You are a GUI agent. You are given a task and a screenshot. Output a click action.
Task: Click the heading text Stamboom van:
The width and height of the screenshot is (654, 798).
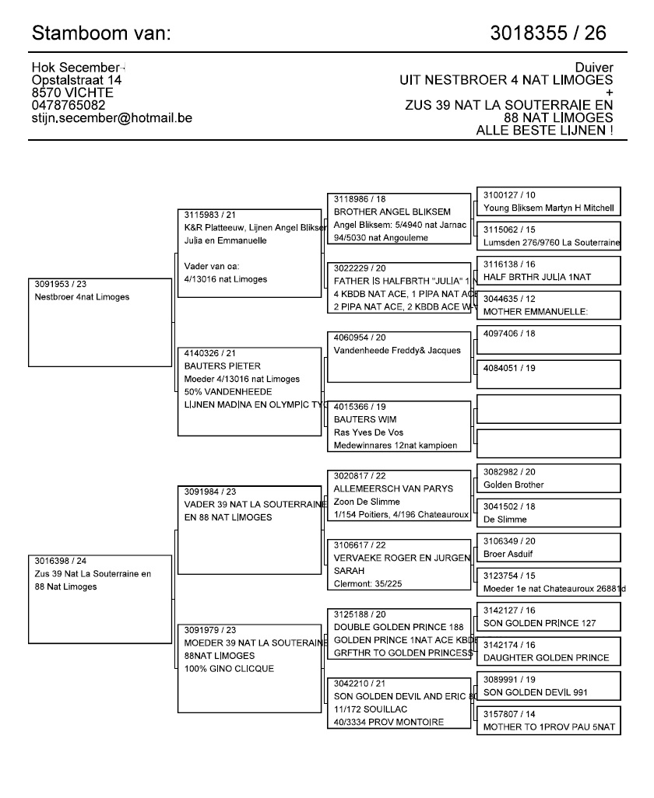101,33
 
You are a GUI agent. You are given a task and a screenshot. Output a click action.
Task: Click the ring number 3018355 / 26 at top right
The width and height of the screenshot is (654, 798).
548,33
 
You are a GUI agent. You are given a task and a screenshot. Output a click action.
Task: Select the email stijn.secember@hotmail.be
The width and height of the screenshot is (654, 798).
112,118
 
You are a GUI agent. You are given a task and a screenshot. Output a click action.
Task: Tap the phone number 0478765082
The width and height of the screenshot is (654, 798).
69,106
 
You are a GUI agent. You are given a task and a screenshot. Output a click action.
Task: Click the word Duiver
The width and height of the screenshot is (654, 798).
593,68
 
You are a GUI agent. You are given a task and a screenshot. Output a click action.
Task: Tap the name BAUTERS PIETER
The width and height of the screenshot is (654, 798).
223,366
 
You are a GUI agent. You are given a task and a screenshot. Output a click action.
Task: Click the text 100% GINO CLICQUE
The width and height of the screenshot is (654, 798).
229,669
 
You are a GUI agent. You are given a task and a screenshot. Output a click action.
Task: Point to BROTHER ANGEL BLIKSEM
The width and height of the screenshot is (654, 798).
392,212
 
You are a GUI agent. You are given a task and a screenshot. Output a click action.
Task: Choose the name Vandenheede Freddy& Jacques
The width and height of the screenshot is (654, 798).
397,350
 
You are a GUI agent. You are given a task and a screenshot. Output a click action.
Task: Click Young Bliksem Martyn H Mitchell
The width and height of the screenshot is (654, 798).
548,208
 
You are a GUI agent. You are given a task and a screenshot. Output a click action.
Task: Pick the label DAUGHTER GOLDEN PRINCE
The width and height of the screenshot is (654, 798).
546,658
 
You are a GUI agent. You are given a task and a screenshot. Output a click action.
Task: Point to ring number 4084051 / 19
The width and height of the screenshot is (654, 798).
509,368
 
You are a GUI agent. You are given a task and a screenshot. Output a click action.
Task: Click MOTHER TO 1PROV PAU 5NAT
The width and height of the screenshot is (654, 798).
549,727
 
